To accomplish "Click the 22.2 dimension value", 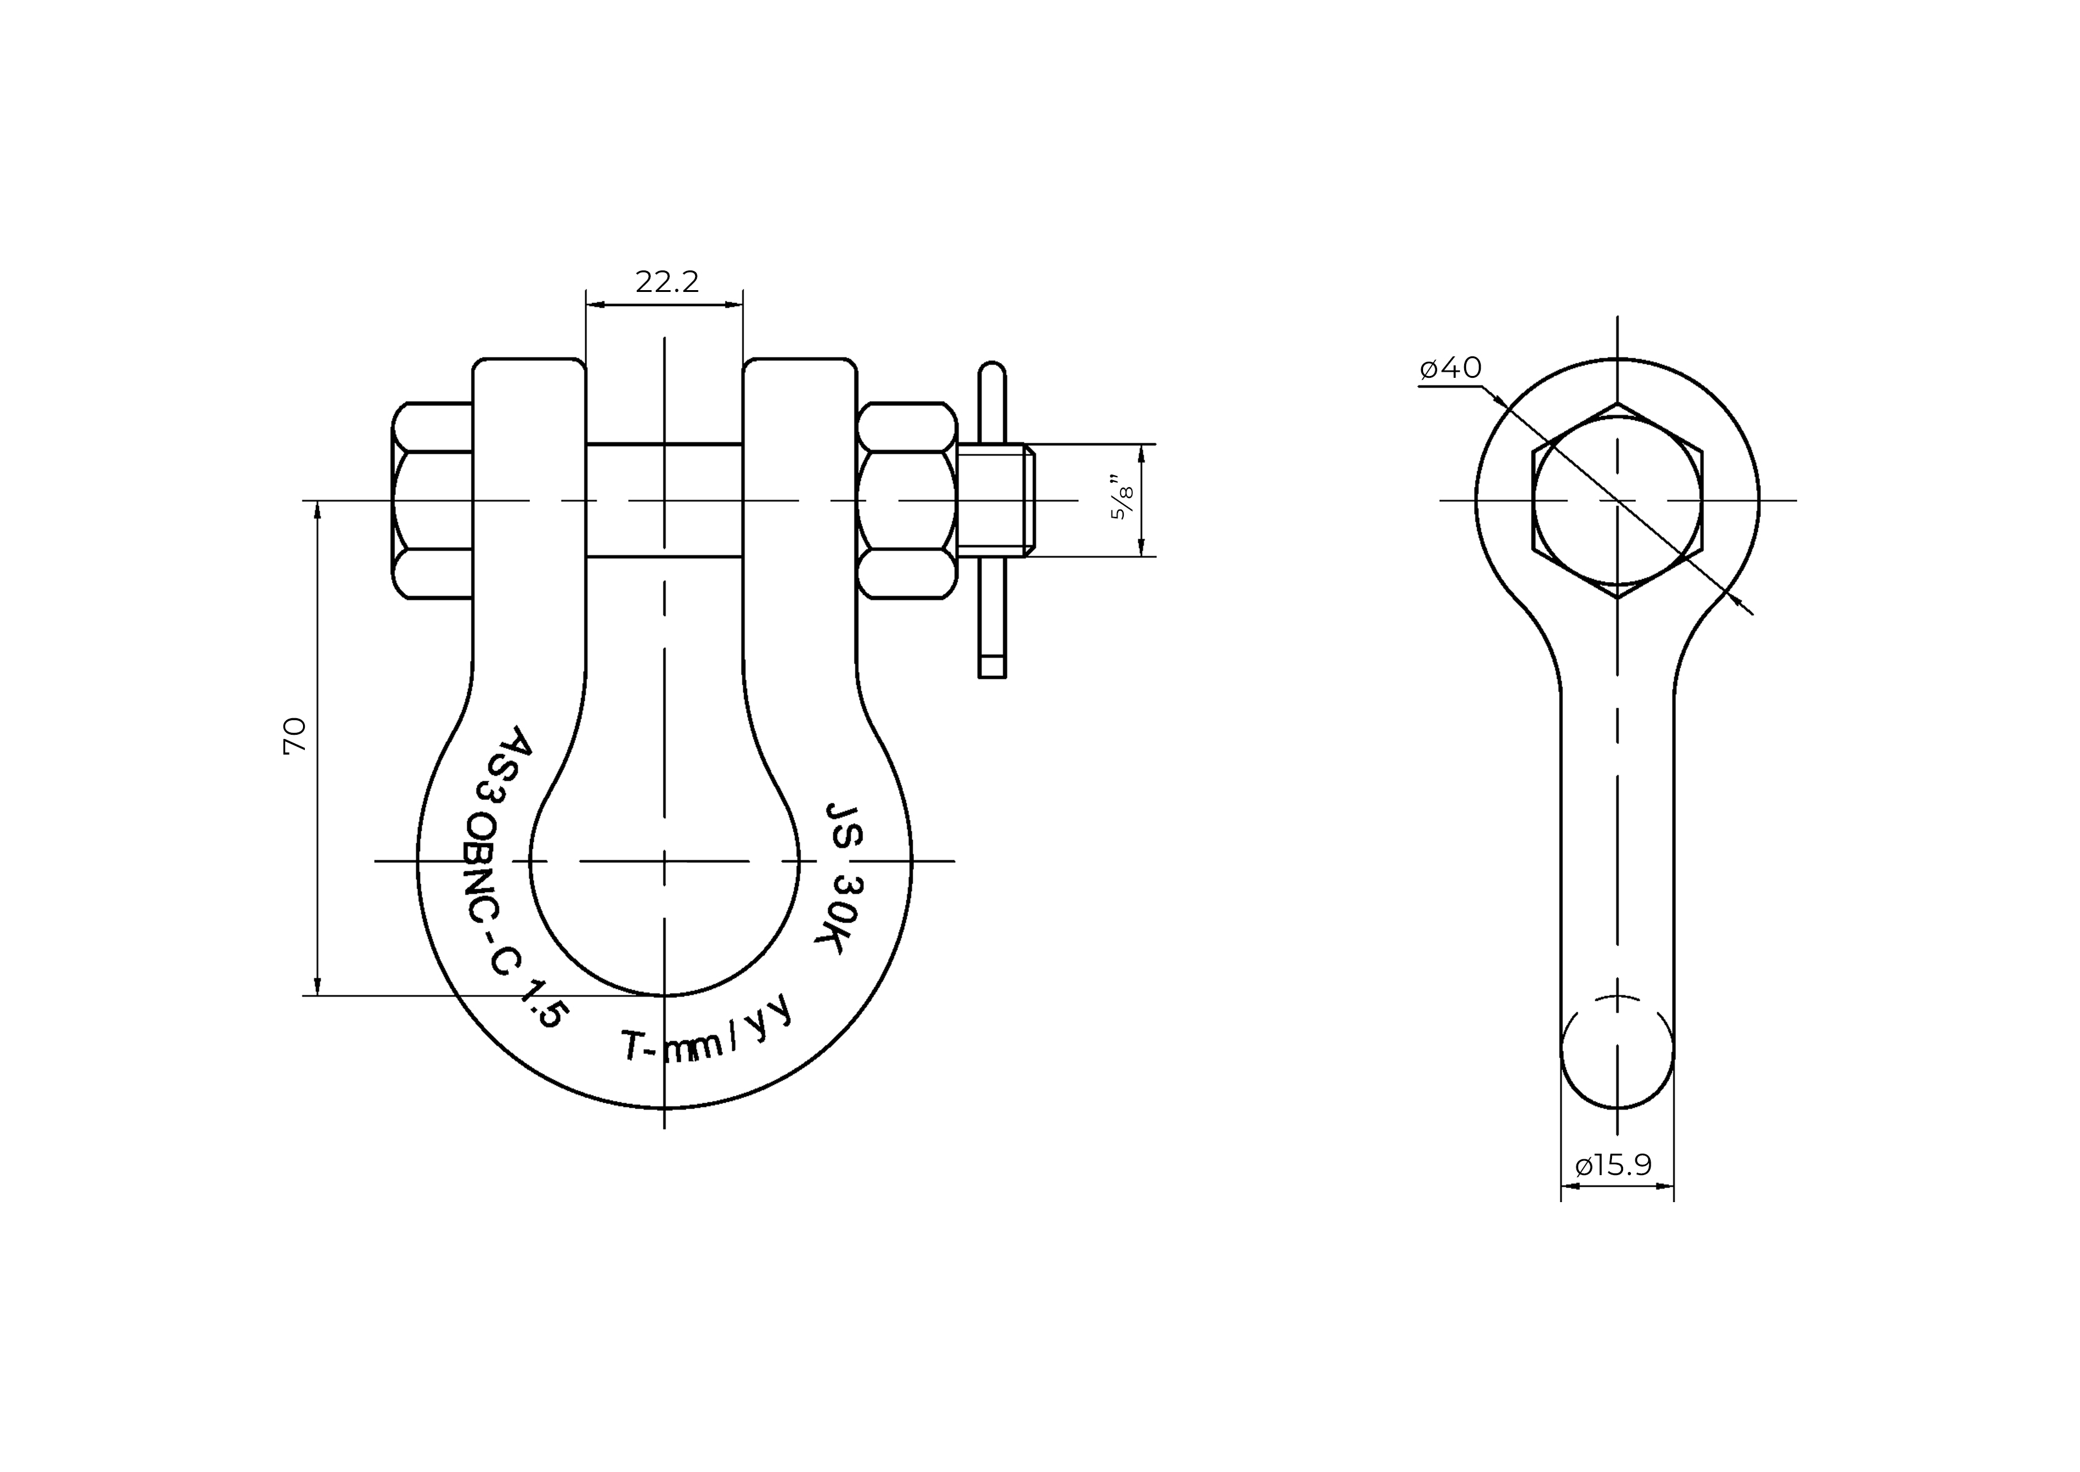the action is point(667,282).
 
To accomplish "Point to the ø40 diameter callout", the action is point(1450,367).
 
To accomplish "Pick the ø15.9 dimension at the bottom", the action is point(1615,1165).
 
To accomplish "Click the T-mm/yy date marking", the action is point(706,1030).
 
